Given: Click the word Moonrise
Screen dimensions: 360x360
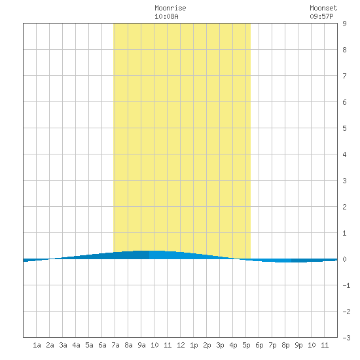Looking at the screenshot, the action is (170, 8).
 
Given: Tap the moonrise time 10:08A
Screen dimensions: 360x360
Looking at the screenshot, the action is (166, 16).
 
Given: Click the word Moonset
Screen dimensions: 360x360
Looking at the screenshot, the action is (323, 8).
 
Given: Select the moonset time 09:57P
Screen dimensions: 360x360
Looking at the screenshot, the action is (321, 16).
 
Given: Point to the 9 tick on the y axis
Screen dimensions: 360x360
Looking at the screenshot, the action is (344, 24).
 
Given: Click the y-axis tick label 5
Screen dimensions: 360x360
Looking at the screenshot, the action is (344, 128).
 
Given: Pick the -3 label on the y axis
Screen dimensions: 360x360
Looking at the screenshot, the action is (346, 338).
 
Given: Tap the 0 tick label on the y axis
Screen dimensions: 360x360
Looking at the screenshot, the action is (344, 259).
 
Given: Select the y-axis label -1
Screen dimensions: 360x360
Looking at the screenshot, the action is (346, 285).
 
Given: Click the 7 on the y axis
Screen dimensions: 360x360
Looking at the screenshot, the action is (344, 76).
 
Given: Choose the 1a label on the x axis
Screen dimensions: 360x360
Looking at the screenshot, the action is (37, 345).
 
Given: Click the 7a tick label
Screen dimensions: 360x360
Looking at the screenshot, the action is (115, 345).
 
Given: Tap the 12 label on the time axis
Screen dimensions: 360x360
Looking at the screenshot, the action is (181, 345).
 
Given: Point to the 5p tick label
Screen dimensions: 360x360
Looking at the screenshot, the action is (246, 345).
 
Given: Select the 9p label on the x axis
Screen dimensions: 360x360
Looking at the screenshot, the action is (298, 345).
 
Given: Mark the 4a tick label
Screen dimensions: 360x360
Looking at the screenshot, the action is (76, 345).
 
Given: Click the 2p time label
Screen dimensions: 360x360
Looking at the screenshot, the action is (207, 345).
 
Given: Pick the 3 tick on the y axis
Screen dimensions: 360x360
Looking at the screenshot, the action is (344, 181).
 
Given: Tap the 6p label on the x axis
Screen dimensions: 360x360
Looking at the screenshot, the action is (259, 345).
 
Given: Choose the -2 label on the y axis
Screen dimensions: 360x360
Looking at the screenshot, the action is (346, 312).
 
